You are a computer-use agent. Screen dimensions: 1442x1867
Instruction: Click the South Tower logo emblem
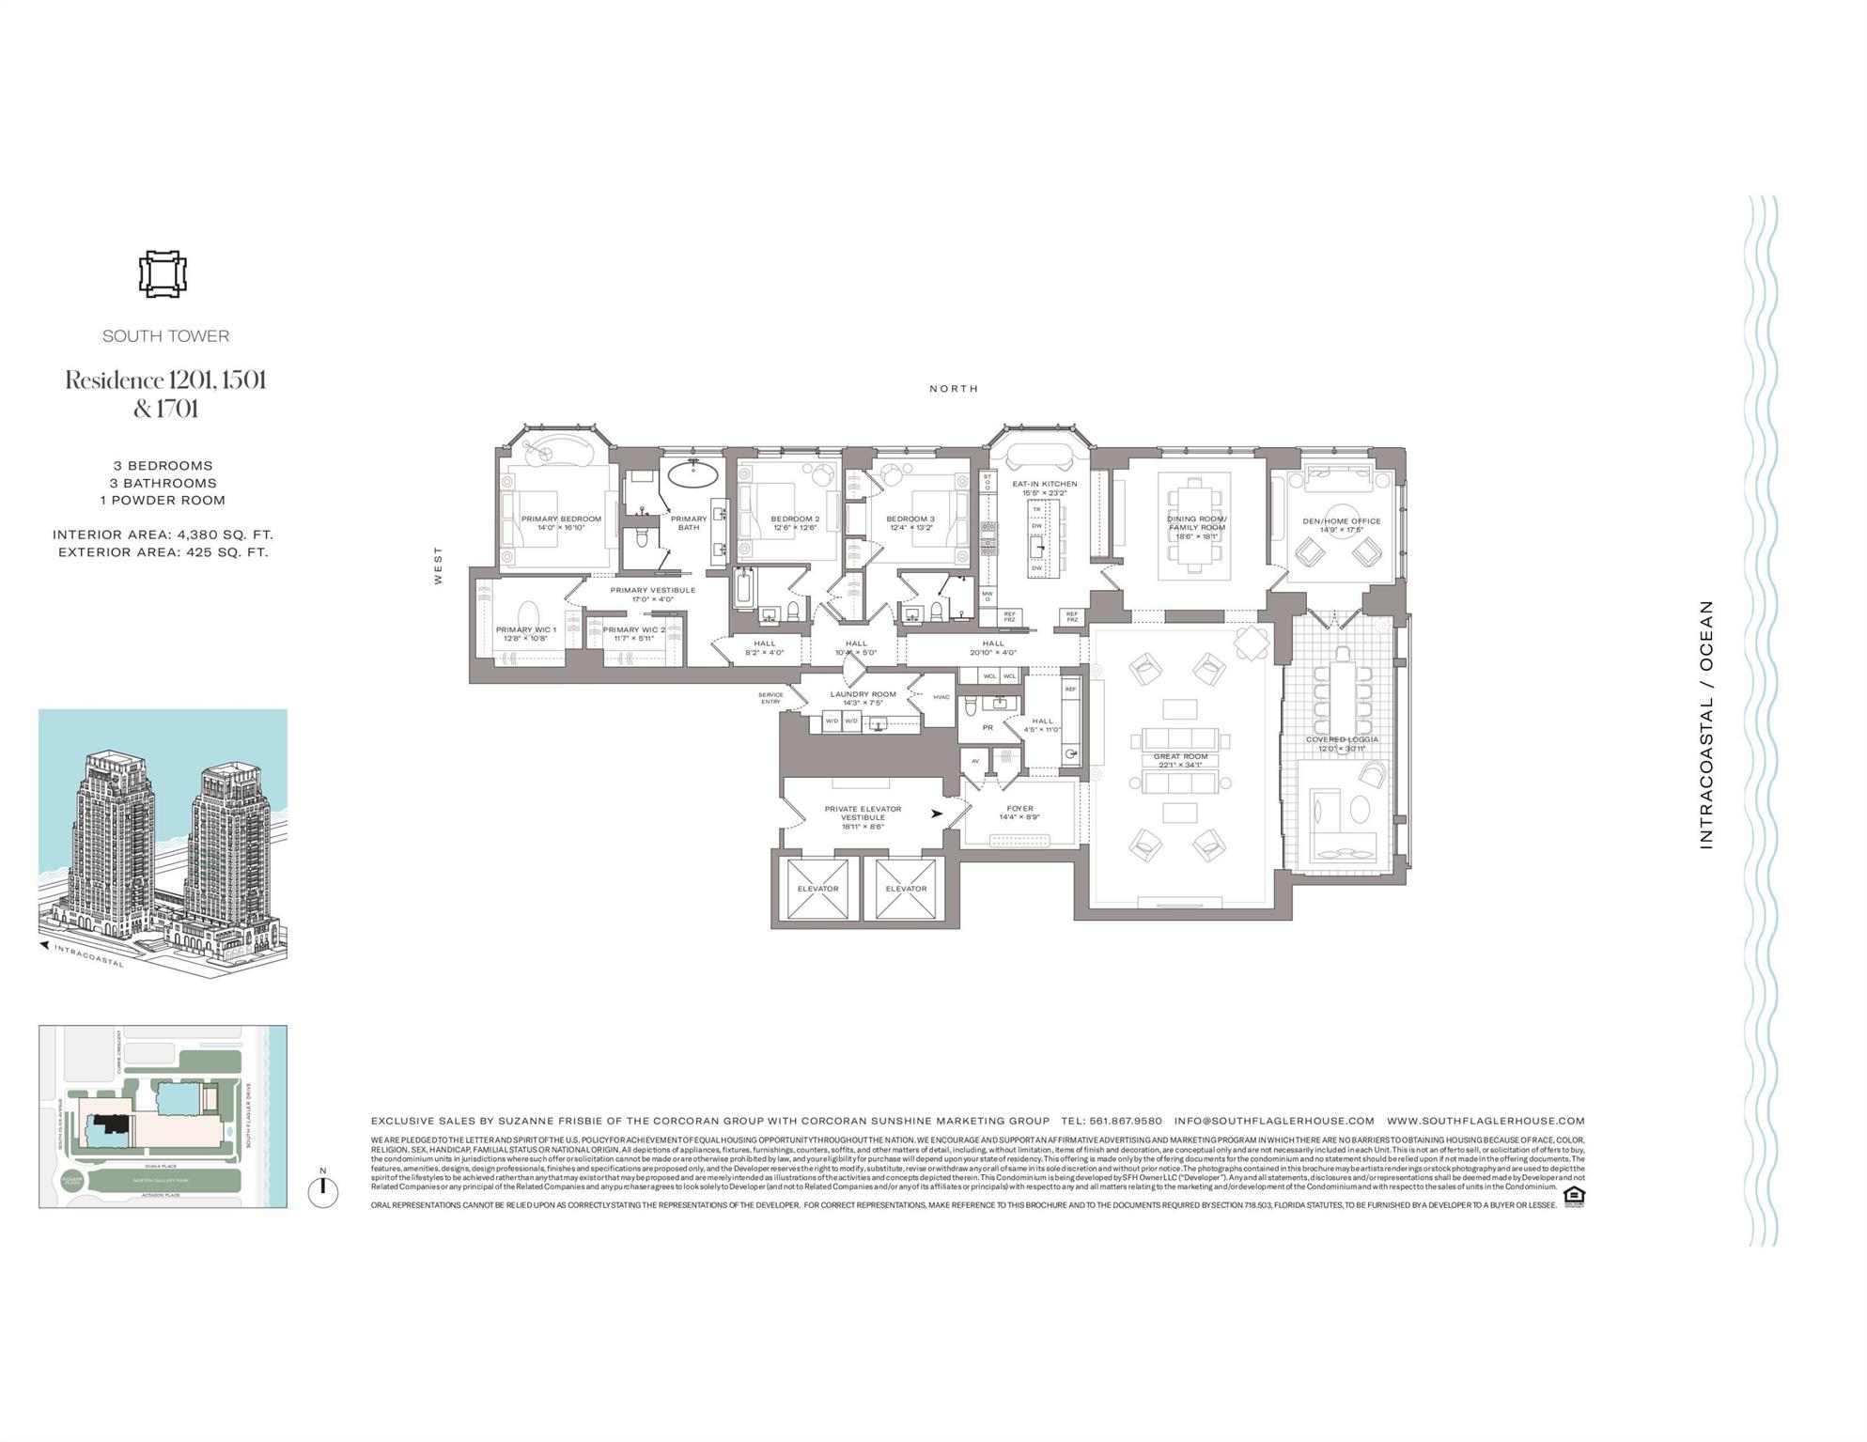(x=163, y=275)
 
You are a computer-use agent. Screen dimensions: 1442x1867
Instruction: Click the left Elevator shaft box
(x=817, y=889)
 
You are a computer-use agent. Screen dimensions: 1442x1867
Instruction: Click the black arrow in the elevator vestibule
(x=937, y=814)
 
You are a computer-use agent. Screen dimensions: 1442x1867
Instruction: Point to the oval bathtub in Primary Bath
(x=694, y=471)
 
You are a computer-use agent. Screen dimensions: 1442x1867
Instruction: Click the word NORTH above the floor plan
(x=954, y=388)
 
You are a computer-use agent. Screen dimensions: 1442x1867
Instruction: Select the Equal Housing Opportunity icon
(x=1574, y=1195)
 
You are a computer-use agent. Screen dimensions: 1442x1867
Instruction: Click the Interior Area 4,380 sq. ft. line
(x=163, y=535)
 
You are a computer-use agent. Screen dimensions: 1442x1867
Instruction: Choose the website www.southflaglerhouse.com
(x=1486, y=1121)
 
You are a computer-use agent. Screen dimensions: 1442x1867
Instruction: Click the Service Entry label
(x=770, y=698)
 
